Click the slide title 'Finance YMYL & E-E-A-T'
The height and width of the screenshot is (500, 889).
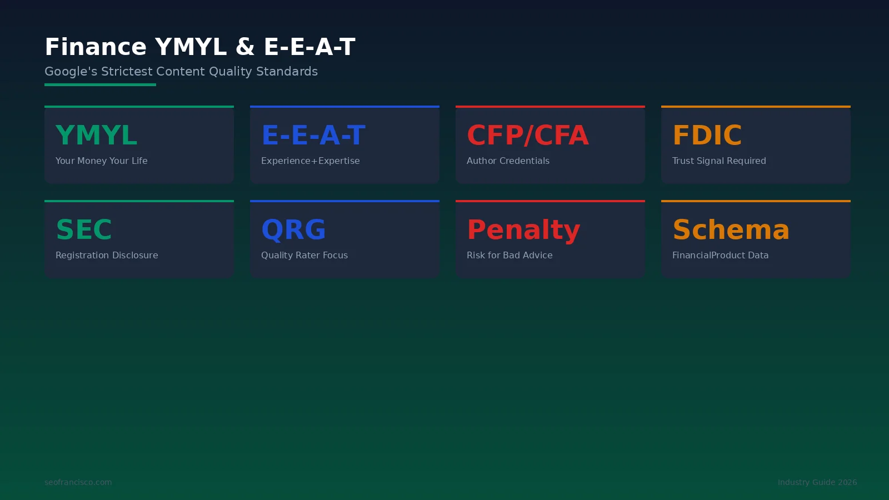point(200,47)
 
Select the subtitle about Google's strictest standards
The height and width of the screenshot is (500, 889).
point(181,72)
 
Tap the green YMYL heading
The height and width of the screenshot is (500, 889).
point(96,135)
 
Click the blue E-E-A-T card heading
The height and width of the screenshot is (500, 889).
point(313,135)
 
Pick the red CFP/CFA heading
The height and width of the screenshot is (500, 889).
point(527,135)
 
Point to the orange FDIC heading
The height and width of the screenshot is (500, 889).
point(707,135)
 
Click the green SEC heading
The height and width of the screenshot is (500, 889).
point(84,229)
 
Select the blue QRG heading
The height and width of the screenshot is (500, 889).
point(293,229)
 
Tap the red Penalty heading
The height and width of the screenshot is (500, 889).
point(523,230)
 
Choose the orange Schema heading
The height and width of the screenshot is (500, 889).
point(731,229)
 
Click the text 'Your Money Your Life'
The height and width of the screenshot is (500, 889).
point(102,161)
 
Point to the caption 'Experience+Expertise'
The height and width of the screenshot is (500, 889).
point(311,161)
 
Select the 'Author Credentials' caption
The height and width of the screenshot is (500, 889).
point(508,161)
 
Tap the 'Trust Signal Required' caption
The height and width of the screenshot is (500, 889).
point(719,161)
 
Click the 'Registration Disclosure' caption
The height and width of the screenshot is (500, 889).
point(107,255)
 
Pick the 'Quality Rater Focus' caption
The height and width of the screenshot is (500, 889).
point(304,255)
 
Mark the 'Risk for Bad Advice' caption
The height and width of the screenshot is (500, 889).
point(510,255)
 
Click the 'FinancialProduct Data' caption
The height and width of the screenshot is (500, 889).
point(720,255)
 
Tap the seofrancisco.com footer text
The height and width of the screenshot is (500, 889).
point(78,482)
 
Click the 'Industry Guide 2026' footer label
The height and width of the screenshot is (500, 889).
point(817,482)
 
